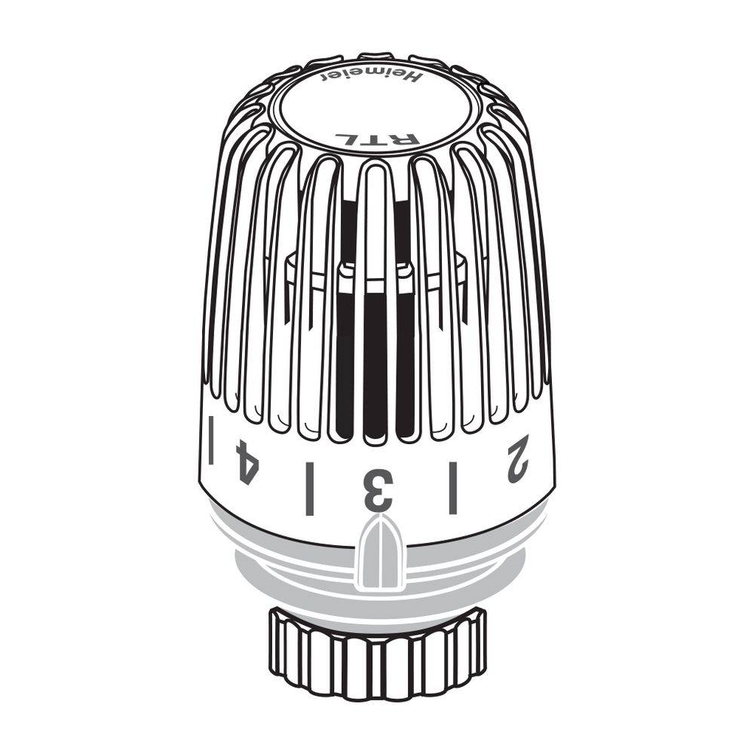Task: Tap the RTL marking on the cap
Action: point(378,139)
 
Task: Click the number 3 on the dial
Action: point(379,489)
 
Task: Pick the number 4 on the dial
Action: point(245,462)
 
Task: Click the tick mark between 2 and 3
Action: point(452,488)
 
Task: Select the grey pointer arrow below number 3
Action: point(380,552)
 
